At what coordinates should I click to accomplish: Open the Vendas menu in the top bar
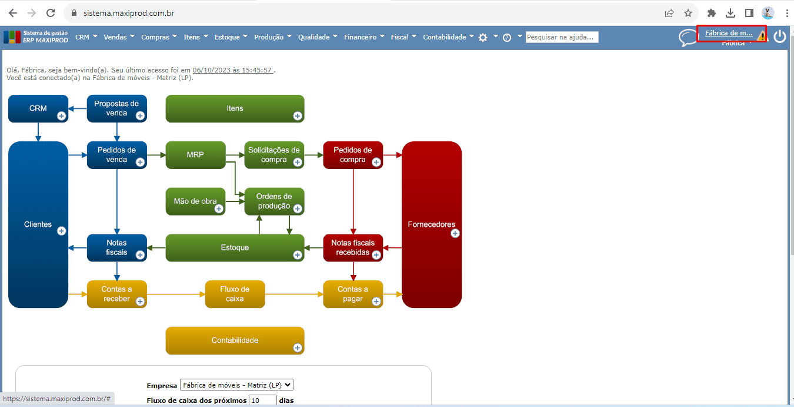[x=119, y=37]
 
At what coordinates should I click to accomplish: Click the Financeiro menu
[x=364, y=37]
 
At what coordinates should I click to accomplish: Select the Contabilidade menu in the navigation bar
[x=448, y=37]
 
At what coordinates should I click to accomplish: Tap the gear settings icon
[x=483, y=37]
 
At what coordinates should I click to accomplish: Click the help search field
[x=562, y=37]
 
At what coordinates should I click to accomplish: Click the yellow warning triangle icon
[x=762, y=37]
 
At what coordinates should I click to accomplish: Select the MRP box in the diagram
[x=195, y=155]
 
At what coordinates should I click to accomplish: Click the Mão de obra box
[x=195, y=201]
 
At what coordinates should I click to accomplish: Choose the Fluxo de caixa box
[x=235, y=294]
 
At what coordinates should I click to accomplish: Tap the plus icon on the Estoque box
[x=298, y=255]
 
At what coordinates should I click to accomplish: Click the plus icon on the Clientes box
[x=61, y=231]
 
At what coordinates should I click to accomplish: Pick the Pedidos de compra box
[x=352, y=155]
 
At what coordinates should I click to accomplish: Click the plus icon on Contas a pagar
[x=376, y=302]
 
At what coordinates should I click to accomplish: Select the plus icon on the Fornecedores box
[x=455, y=233]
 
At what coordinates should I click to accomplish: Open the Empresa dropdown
[x=236, y=385]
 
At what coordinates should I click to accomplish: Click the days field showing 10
[x=262, y=401]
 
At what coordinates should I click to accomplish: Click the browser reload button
[x=51, y=13]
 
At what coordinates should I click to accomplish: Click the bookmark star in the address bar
[x=688, y=13]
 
